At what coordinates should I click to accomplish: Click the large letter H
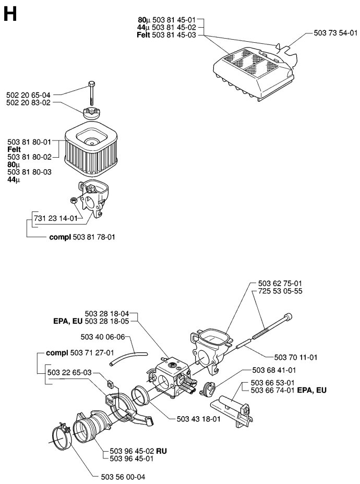10,15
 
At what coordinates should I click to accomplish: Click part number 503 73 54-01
335,33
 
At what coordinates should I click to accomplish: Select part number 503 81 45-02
166,28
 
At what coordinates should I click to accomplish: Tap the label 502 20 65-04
28,95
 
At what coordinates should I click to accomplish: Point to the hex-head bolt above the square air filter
92,93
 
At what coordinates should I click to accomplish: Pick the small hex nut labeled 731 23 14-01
74,200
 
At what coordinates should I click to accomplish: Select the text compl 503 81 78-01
82,237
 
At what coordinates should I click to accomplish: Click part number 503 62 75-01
280,284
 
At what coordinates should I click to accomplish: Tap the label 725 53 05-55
280,291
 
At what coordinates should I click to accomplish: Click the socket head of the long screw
288,317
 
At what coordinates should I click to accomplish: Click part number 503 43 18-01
199,419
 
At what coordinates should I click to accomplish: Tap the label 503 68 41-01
274,370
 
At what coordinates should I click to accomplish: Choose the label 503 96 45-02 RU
138,451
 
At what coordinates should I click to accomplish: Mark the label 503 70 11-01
295,357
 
